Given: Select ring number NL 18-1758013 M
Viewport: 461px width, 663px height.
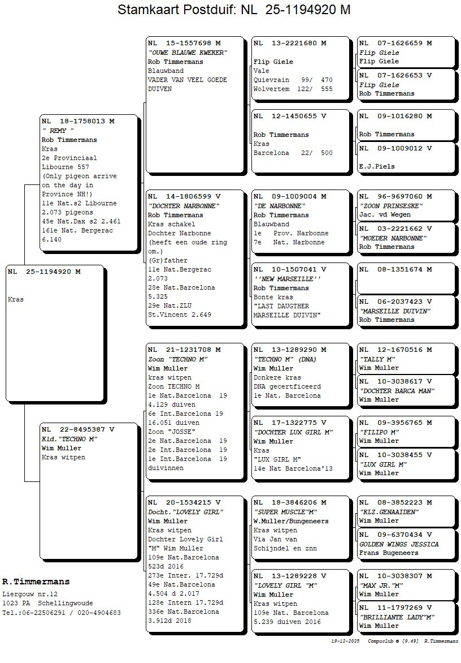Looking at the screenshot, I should (x=78, y=121).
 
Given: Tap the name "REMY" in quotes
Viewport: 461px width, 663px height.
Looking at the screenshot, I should (x=58, y=131).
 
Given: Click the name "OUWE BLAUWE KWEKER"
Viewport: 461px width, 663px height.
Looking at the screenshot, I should (x=187, y=53).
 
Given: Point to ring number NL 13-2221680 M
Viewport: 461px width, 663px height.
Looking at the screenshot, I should (x=290, y=43).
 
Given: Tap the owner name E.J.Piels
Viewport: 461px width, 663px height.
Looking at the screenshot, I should (x=377, y=166).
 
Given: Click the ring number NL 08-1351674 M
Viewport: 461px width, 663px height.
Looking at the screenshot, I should (x=395, y=269).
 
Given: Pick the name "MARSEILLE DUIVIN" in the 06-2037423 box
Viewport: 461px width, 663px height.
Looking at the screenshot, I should (x=395, y=311).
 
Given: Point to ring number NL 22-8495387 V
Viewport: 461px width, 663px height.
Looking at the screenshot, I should (x=78, y=429).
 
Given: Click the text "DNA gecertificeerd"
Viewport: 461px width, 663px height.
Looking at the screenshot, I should (x=287, y=386).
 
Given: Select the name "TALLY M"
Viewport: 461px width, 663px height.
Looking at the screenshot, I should (x=377, y=359).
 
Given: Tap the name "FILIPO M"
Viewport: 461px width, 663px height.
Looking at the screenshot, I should (x=379, y=432).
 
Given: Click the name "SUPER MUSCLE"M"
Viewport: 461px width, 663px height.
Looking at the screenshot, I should (x=285, y=512).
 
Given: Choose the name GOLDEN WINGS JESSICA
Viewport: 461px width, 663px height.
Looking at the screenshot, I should (x=399, y=544).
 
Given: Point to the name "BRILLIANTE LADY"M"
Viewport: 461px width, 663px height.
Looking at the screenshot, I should (x=397, y=617).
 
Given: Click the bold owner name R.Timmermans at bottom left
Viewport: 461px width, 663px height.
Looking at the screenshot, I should (x=36, y=582).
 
